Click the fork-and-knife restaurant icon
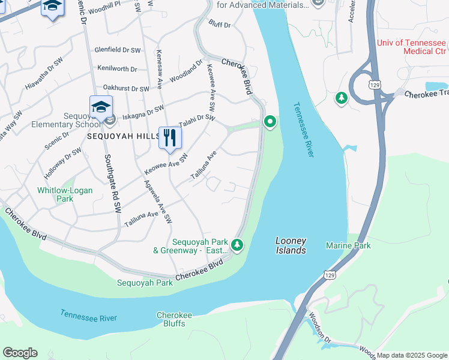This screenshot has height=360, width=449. point(170,138)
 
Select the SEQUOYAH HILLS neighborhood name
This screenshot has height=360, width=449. point(123,136)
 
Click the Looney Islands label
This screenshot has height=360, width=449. point(291,245)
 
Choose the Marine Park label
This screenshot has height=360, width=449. point(348,245)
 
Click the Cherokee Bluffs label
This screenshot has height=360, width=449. point(174,319)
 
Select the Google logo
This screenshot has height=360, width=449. point(20,353)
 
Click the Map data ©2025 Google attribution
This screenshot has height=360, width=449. point(412,355)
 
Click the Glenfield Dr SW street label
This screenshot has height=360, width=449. point(118,50)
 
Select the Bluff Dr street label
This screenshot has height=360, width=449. point(219,25)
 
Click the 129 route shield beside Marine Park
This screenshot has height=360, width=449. point(329,274)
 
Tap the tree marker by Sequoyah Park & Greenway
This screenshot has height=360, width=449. point(238,244)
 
